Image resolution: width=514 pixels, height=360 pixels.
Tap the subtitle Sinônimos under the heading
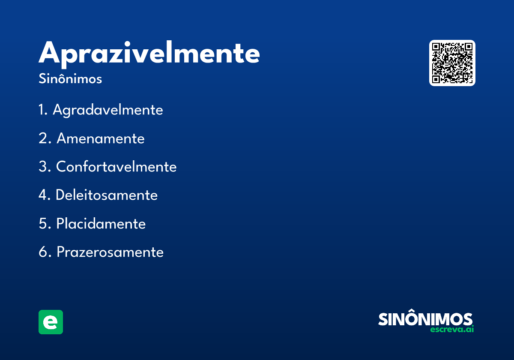70,79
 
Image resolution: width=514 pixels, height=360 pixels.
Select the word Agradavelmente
108,110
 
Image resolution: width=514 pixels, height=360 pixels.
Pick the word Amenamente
101,138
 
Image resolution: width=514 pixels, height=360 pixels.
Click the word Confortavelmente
116,167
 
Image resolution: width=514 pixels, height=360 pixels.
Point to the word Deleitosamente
107,195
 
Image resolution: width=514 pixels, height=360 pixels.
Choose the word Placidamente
101,224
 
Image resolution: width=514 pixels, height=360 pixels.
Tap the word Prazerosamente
110,252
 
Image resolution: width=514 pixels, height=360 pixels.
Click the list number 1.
42,110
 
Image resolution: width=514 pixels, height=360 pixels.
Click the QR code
452,63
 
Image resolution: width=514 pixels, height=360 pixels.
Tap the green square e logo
51,322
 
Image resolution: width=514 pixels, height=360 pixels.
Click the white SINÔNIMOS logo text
425,319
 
